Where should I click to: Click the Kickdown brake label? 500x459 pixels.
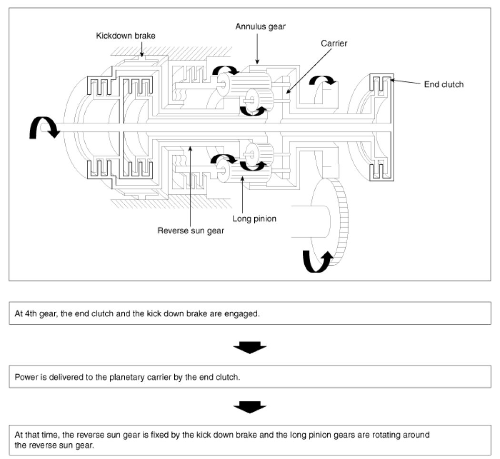(126, 36)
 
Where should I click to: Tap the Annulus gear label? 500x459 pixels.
(260, 27)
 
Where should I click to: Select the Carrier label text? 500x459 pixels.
(334, 43)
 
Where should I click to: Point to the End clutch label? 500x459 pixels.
(444, 85)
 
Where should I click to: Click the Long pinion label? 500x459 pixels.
(254, 219)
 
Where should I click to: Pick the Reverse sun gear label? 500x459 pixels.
(191, 231)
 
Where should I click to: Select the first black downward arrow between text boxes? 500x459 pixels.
(250, 348)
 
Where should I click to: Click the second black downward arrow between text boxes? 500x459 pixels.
(250, 407)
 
